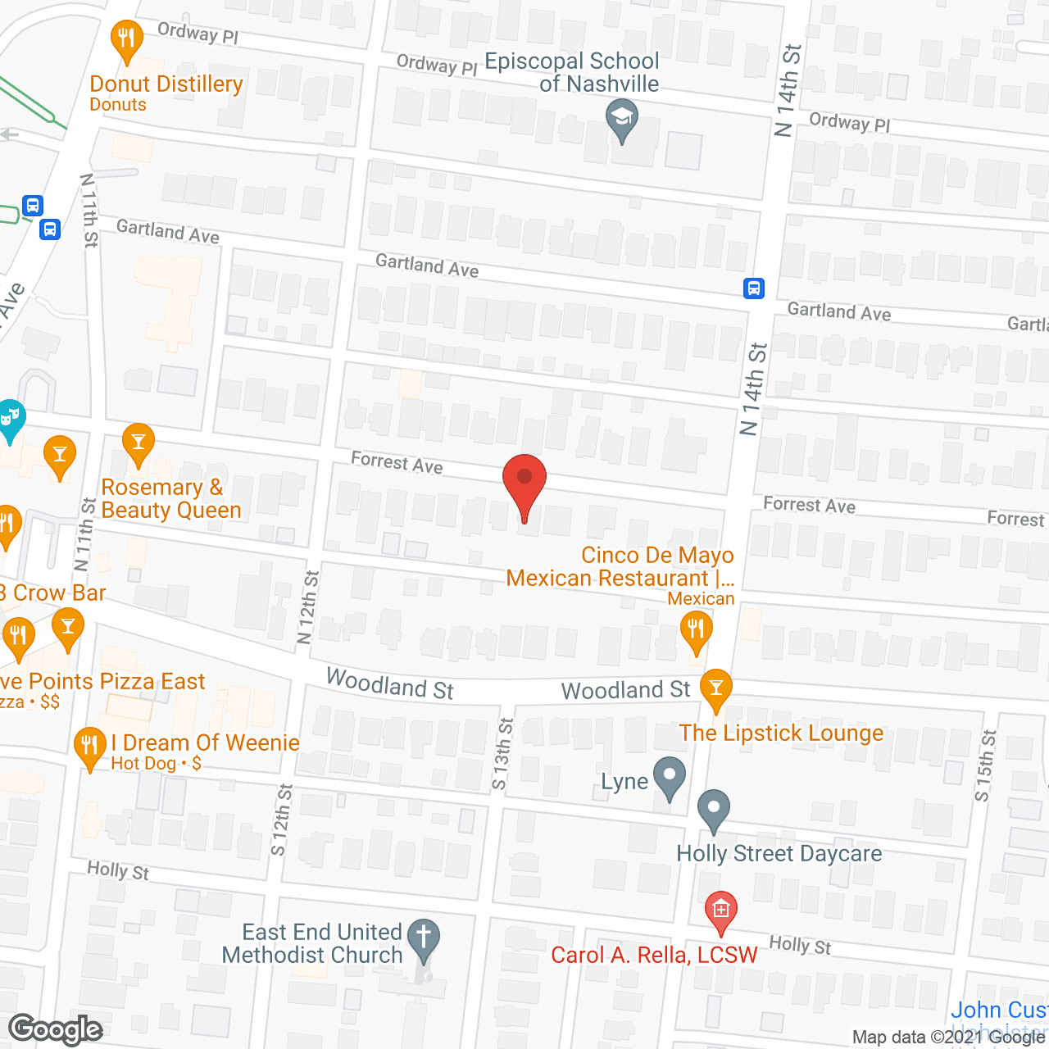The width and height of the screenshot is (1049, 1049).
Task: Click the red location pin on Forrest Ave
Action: [x=524, y=479]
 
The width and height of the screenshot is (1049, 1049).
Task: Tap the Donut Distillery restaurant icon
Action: [x=126, y=38]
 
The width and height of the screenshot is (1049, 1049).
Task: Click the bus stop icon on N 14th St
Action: [x=754, y=288]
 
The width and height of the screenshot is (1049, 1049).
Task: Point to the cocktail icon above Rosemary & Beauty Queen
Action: [x=138, y=443]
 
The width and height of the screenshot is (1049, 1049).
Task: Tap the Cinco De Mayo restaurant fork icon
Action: [x=696, y=630]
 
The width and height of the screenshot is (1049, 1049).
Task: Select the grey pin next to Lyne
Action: [x=670, y=775]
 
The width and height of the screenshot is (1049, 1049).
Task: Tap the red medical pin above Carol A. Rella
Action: [x=720, y=910]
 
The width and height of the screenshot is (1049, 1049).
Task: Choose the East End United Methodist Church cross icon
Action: [x=424, y=936]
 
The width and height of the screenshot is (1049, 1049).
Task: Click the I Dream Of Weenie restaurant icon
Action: [x=89, y=746]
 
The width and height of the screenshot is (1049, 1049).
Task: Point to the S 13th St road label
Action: [x=502, y=754]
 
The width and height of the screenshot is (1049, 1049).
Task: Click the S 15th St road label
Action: [x=985, y=765]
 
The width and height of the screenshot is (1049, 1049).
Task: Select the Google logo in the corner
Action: [x=56, y=1029]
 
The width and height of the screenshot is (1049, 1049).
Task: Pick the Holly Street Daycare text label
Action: [x=779, y=854]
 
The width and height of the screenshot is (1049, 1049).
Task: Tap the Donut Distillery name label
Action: [x=166, y=84]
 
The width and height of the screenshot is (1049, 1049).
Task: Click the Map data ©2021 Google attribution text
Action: [x=949, y=1037]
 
